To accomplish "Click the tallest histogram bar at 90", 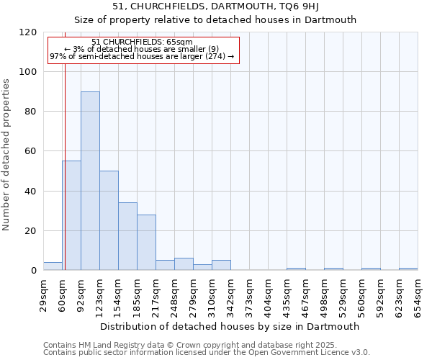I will coord(90,181).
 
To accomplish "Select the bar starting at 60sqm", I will coord(71,215).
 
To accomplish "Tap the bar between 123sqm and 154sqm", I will coord(109,220).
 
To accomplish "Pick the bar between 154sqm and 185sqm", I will coord(127,236).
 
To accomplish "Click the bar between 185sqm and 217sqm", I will coord(146,243).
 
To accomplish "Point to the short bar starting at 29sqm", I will coord(53,266).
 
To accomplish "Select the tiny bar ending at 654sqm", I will coord(408,269).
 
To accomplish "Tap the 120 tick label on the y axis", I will coord(28,32).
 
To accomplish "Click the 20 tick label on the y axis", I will coord(31,231).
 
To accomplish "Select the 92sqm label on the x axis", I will coord(81,294).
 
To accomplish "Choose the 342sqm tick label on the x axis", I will coord(230,294).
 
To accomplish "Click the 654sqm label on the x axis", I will coord(418,294).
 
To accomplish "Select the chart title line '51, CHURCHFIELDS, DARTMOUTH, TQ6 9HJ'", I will coord(216,6).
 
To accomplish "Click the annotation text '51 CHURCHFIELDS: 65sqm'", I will coord(143,42).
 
